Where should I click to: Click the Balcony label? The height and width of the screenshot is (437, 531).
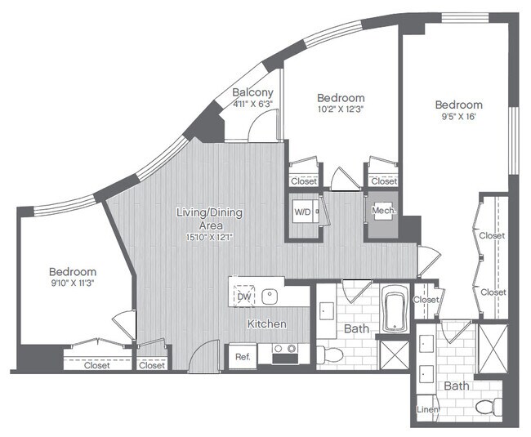pos(252,92)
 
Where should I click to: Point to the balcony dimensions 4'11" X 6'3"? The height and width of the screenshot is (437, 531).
pos(252,104)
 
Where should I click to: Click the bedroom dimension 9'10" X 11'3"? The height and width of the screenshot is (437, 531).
pos(72,284)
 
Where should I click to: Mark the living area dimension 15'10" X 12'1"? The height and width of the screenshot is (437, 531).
pos(209,225)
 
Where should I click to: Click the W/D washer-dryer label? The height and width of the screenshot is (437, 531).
pos(303,212)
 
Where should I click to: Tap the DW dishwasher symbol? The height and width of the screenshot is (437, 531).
pos(243,297)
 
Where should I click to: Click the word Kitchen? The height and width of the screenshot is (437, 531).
pos(267,324)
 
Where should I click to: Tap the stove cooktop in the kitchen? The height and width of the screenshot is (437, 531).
pos(284,353)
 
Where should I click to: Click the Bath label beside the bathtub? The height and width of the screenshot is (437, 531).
pos(356,328)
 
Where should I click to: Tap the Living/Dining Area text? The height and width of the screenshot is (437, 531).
pos(209,213)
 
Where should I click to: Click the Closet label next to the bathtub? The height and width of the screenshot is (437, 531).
pos(425,300)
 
